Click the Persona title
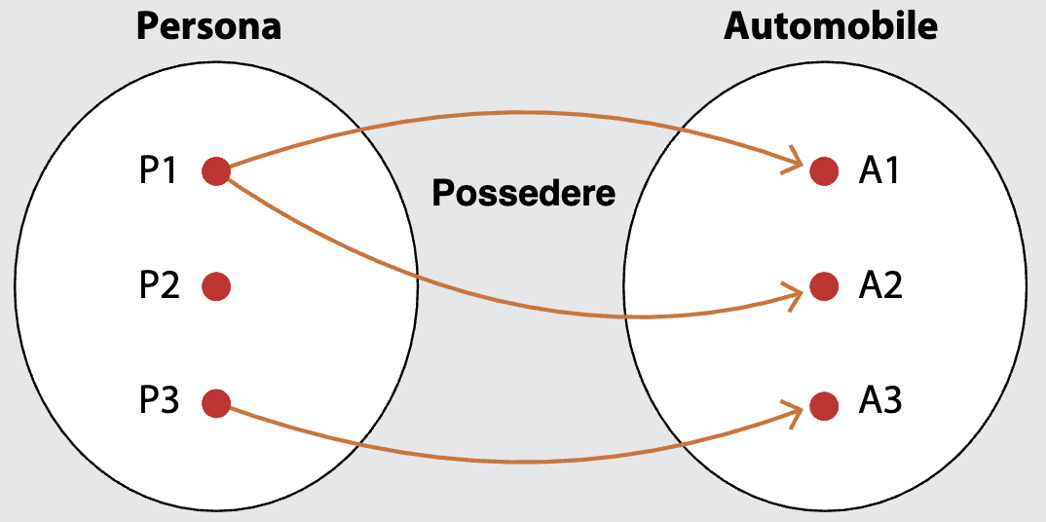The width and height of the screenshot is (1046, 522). coord(208,26)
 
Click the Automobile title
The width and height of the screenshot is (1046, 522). coord(831,26)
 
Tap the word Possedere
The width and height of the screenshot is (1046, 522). coord(524,193)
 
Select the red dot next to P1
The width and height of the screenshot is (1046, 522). coord(215,171)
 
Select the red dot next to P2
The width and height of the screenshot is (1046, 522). coord(215,286)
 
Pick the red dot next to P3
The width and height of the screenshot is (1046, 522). coord(215,402)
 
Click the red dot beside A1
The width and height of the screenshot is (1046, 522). coord(824,171)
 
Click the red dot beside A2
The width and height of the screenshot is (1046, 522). coord(824,286)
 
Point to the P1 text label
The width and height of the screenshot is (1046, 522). coord(159,171)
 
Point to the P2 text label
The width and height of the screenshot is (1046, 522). coord(159,286)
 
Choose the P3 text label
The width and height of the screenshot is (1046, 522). coord(159,401)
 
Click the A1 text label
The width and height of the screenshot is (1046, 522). coord(879,171)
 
